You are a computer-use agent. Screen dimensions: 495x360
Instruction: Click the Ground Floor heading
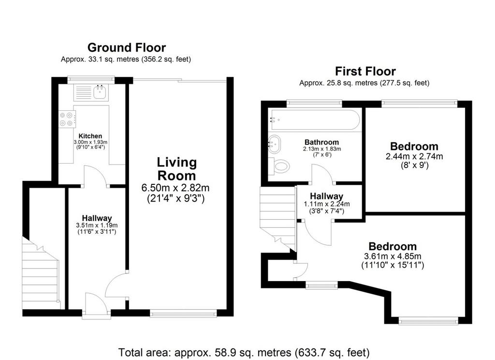point(127,47)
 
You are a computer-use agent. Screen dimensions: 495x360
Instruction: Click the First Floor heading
point(365,72)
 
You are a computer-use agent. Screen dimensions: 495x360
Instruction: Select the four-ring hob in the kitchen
point(67,119)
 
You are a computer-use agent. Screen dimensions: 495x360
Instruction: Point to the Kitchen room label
point(90,136)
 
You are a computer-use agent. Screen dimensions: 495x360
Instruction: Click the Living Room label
point(177,169)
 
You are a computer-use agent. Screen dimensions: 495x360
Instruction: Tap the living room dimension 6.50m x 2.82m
point(175,188)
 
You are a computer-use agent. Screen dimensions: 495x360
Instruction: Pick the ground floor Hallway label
point(97,218)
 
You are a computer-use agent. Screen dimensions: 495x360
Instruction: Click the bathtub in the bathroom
point(314,120)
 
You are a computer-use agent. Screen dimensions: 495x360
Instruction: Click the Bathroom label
point(321,142)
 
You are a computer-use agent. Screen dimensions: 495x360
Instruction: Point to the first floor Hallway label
point(326,196)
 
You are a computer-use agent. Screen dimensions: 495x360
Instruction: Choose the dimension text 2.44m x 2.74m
point(414,156)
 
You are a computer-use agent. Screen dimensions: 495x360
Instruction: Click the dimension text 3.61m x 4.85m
point(393,256)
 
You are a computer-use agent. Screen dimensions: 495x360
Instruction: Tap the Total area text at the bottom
point(244,352)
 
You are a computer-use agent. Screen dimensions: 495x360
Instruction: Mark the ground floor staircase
point(41,273)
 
